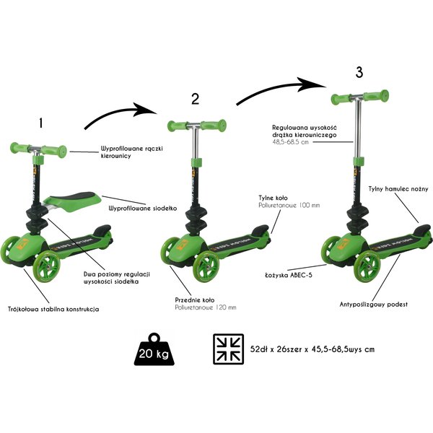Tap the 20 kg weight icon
pyautogui.click(x=154, y=349)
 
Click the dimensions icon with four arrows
pyautogui.click(x=228, y=349)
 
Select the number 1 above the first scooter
pyautogui.click(x=41, y=123)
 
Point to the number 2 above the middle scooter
pyautogui.click(x=196, y=99)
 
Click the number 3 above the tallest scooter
pyautogui.click(x=359, y=72)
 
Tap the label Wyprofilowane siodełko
pyautogui.click(x=142, y=209)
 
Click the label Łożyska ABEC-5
pyautogui.click(x=289, y=275)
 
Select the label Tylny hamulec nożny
pyautogui.click(x=398, y=189)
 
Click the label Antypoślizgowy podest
pyautogui.click(x=373, y=305)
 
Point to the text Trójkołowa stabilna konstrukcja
pyautogui.click(x=53, y=309)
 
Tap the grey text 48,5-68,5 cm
pyautogui.click(x=290, y=142)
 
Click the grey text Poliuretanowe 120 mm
pyautogui.click(x=206, y=307)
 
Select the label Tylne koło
pyautogui.click(x=273, y=198)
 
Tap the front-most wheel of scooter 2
pyautogui.click(x=206, y=266)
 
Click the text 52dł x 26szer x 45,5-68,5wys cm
pyautogui.click(x=312, y=349)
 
